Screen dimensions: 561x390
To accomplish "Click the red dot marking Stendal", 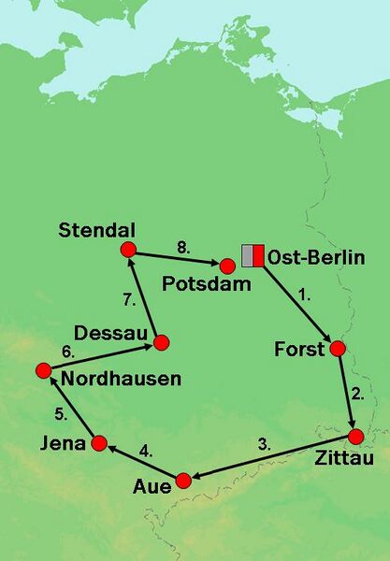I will click(129, 250).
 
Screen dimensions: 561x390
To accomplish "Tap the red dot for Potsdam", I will click(227, 266).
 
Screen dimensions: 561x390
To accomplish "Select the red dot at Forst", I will click(338, 349).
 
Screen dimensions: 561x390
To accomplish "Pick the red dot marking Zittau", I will click(355, 436).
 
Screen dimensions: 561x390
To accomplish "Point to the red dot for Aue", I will click(183, 481).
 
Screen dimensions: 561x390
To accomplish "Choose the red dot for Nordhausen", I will click(43, 370).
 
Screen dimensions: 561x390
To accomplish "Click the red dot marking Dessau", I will click(161, 342).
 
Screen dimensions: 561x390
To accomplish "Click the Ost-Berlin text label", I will click(315, 257).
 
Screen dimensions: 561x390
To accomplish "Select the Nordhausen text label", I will click(121, 379).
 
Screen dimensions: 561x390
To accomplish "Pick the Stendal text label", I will click(96, 229).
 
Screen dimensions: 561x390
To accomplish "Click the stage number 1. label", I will click(303, 295).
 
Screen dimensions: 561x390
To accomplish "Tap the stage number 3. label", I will click(265, 443).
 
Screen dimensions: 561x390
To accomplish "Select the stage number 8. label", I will click(184, 247).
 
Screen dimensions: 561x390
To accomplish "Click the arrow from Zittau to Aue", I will click(271, 458).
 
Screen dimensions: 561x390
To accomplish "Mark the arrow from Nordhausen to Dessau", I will click(102, 356).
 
